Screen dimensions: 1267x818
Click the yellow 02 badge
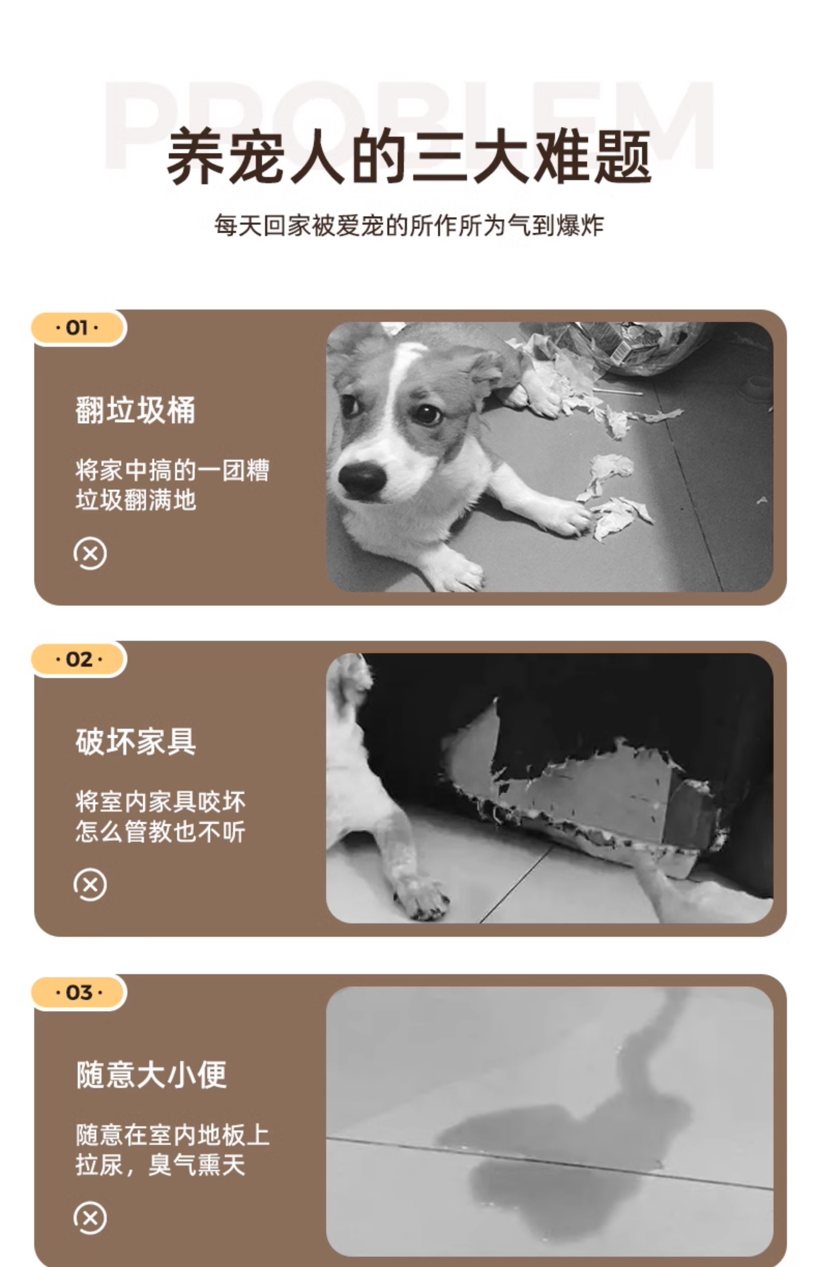click(x=79, y=659)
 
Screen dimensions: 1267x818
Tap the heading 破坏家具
click(x=136, y=742)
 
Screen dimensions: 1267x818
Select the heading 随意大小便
click(x=151, y=1074)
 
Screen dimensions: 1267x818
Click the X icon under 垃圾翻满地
click(x=90, y=554)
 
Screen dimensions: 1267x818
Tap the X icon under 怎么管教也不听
click(x=90, y=885)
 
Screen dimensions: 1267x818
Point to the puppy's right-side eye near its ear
click(x=427, y=413)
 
